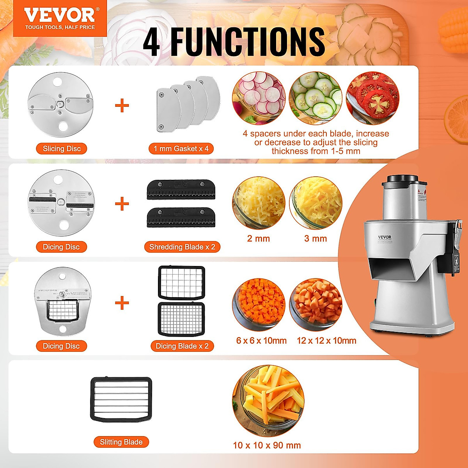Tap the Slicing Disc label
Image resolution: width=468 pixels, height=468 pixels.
click(x=62, y=149)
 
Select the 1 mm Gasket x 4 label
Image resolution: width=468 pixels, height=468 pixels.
click(x=181, y=149)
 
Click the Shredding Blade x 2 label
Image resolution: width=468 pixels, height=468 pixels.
click(x=182, y=247)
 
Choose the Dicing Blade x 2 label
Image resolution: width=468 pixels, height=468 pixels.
click(x=182, y=346)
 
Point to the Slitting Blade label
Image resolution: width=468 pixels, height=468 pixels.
click(x=121, y=442)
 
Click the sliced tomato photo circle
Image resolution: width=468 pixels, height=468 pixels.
click(x=372, y=98)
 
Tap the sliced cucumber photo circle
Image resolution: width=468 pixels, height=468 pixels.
click(x=316, y=98)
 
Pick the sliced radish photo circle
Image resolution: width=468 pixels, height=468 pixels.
click(x=259, y=98)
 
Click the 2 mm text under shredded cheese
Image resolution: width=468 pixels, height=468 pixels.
click(x=259, y=239)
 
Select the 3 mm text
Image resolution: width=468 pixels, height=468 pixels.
click(x=316, y=239)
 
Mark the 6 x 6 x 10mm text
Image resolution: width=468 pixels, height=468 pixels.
click(x=261, y=340)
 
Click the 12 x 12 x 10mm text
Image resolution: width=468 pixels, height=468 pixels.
click(x=326, y=340)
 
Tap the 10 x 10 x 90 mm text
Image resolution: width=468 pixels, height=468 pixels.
click(x=267, y=445)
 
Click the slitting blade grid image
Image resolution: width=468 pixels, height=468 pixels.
click(x=121, y=399)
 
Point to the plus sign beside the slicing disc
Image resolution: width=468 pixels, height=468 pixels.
click(x=122, y=105)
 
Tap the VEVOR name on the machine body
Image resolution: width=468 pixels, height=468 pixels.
click(x=385, y=237)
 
